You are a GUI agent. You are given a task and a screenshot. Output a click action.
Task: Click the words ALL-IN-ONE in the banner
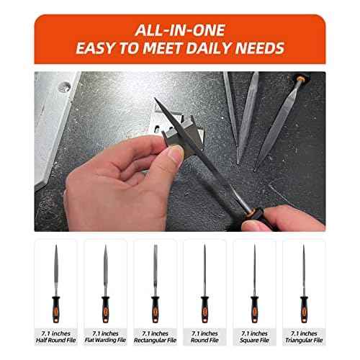pyautogui.click(x=180, y=32)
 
